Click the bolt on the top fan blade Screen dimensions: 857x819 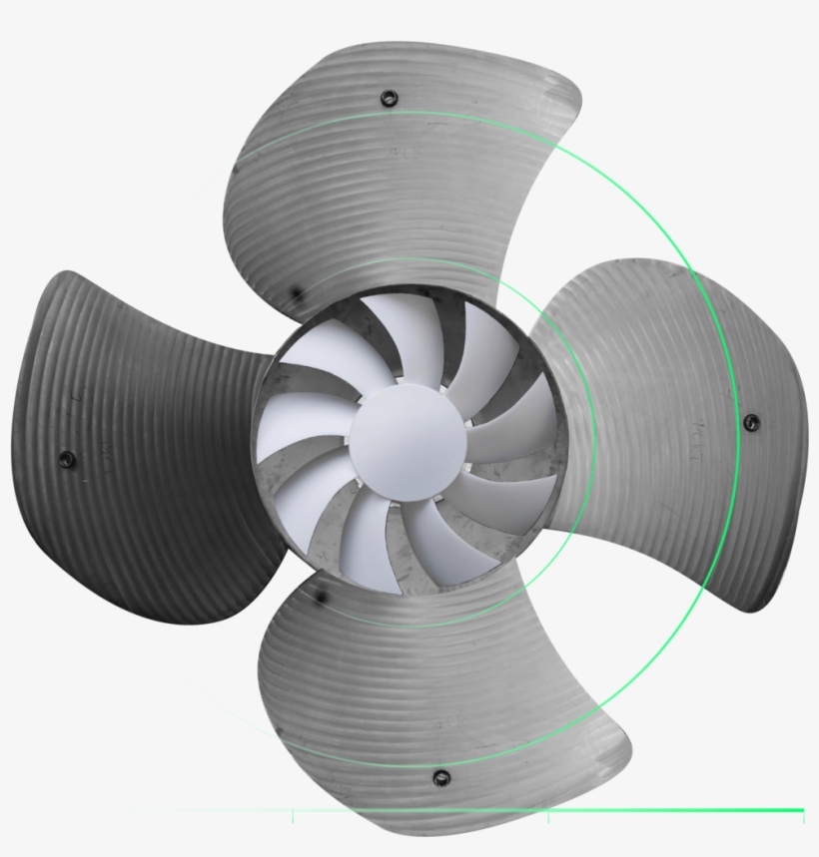pyautogui.click(x=389, y=98)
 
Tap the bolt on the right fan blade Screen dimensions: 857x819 pyautogui.click(x=751, y=421)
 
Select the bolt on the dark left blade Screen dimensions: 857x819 pyautogui.click(x=67, y=459)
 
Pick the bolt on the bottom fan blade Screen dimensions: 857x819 pyautogui.click(x=440, y=777)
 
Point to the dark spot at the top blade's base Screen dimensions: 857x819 pyautogui.click(x=295, y=293)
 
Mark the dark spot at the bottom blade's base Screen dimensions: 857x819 pyautogui.click(x=321, y=596)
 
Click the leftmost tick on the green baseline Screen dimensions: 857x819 pyautogui.click(x=293, y=816)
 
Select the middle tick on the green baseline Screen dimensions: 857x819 pyautogui.click(x=548, y=816)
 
